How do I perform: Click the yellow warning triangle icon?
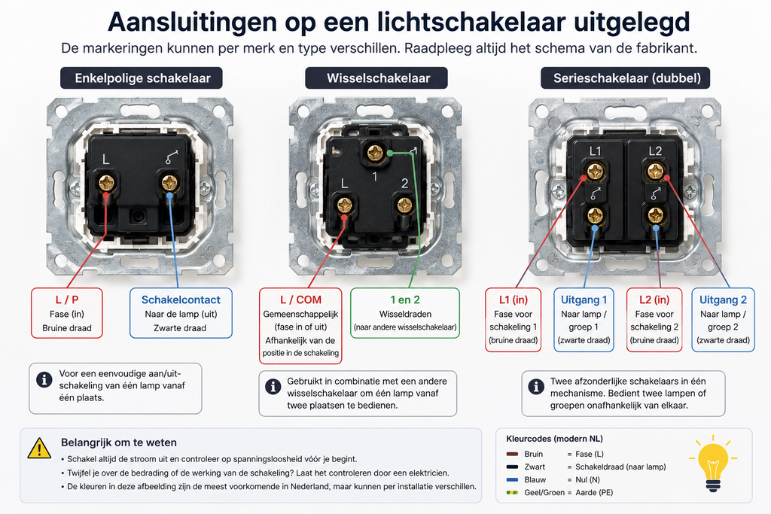pyautogui.click(x=39, y=449)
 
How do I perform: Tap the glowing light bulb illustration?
pyautogui.click(x=713, y=463)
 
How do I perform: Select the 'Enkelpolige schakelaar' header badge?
pyautogui.click(x=142, y=78)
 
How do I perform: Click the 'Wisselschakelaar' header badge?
pyautogui.click(x=376, y=78)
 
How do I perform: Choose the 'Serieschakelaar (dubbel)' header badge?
pyautogui.click(x=626, y=78)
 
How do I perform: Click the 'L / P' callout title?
pyautogui.click(x=67, y=300)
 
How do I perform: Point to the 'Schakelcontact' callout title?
pyautogui.click(x=181, y=300)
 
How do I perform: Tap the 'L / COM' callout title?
pyautogui.click(x=300, y=300)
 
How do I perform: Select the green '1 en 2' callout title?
pyautogui.click(x=405, y=300)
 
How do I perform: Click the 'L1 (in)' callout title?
pyautogui.click(x=513, y=300)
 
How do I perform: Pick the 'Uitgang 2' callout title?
pyautogui.click(x=724, y=300)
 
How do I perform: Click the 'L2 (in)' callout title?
pyautogui.click(x=654, y=300)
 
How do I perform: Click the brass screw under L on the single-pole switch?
pyautogui.click(x=106, y=183)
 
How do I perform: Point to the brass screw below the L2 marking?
pyautogui.click(x=656, y=172)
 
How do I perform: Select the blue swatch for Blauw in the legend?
pyautogui.click(x=512, y=479)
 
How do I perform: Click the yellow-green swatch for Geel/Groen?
pyautogui.click(x=512, y=492)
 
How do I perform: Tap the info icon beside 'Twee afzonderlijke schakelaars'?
pyautogui.click(x=536, y=387)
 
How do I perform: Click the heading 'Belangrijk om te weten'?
pyautogui.click(x=119, y=443)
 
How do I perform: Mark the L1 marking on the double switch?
pyautogui.click(x=595, y=151)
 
